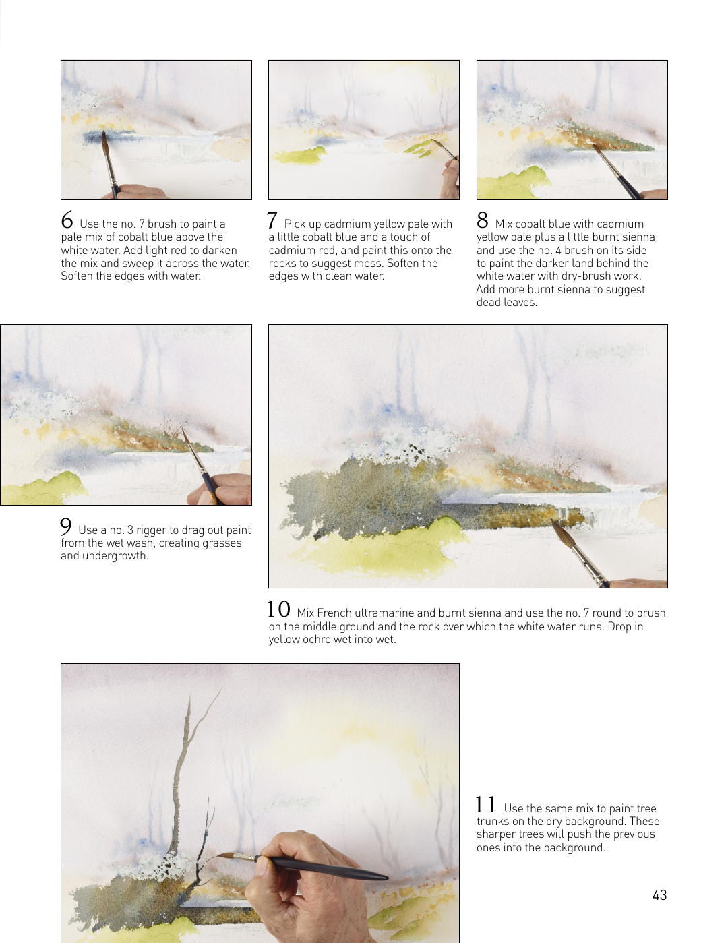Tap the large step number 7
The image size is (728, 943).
point(272,220)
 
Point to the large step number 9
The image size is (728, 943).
point(66,526)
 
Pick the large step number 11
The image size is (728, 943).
point(486,804)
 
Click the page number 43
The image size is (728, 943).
point(659,895)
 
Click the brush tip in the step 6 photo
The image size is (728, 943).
point(104,133)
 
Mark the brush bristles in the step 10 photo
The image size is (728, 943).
point(561,532)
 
